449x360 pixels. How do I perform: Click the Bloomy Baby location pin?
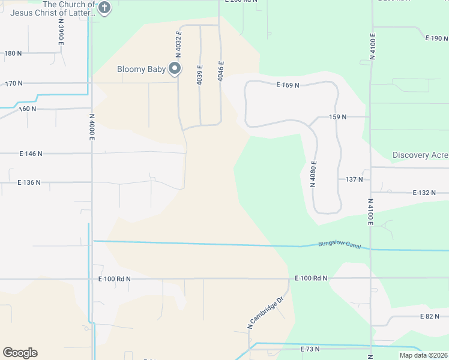175,69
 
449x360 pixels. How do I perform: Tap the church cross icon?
104,8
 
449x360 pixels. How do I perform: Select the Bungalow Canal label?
339,244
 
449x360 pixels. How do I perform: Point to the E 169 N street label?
288,85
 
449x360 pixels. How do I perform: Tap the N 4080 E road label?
313,174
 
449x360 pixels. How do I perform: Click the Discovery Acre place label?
420,155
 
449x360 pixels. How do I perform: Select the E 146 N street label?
31,154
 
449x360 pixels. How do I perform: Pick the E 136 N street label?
28,182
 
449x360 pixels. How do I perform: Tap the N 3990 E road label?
61,30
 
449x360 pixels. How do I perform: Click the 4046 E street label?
221,71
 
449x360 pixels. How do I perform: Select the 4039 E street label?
199,74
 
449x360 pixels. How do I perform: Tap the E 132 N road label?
424,193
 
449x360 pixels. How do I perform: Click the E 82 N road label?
430,316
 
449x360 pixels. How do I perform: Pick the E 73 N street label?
310,349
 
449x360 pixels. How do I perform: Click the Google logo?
20,353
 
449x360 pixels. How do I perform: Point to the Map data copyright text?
423,355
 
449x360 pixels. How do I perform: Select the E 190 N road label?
436,38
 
